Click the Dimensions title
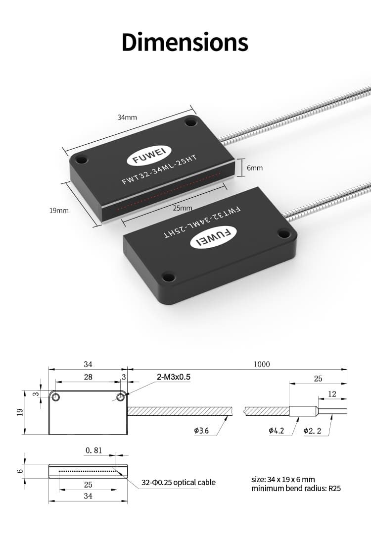click(x=185, y=43)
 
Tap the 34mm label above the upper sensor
click(x=127, y=118)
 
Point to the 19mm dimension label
click(x=59, y=211)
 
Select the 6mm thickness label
click(x=255, y=168)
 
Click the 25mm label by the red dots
click(x=182, y=208)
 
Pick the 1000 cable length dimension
click(x=262, y=365)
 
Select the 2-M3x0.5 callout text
click(x=174, y=377)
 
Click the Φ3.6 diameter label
click(x=201, y=431)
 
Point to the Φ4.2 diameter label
click(x=276, y=431)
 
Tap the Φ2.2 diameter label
click(x=312, y=431)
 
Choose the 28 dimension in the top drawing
click(x=88, y=377)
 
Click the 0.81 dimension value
click(x=93, y=450)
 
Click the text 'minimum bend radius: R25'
click(x=296, y=489)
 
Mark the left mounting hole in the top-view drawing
click(x=56, y=397)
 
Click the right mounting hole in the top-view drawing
click(x=120, y=397)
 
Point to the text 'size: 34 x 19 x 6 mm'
click(x=283, y=479)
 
